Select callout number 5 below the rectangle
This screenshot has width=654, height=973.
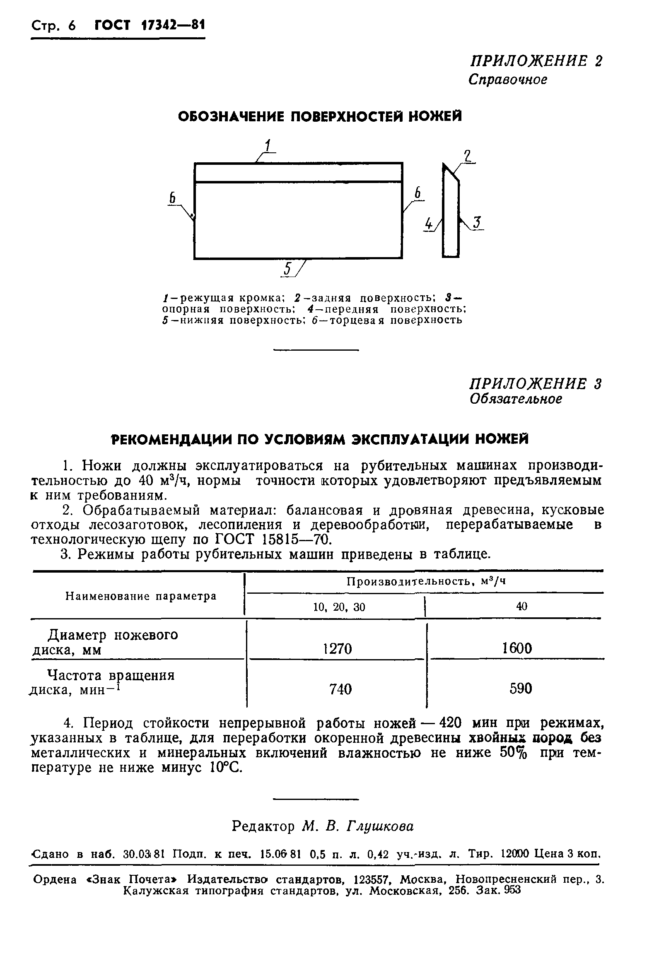pyautogui.click(x=287, y=269)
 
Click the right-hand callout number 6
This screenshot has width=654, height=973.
pyautogui.click(x=417, y=193)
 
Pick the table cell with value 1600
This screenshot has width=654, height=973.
pyautogui.click(x=517, y=648)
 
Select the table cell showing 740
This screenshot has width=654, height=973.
pyautogui.click(x=340, y=689)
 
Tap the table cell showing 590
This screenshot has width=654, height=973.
pyautogui.click(x=521, y=688)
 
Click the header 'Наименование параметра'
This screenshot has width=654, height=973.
pyautogui.click(x=141, y=596)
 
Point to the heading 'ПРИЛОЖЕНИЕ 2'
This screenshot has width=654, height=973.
pyautogui.click(x=536, y=61)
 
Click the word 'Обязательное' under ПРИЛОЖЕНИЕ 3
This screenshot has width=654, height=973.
pyautogui.click(x=516, y=399)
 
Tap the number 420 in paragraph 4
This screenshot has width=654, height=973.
pyautogui.click(x=448, y=723)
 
